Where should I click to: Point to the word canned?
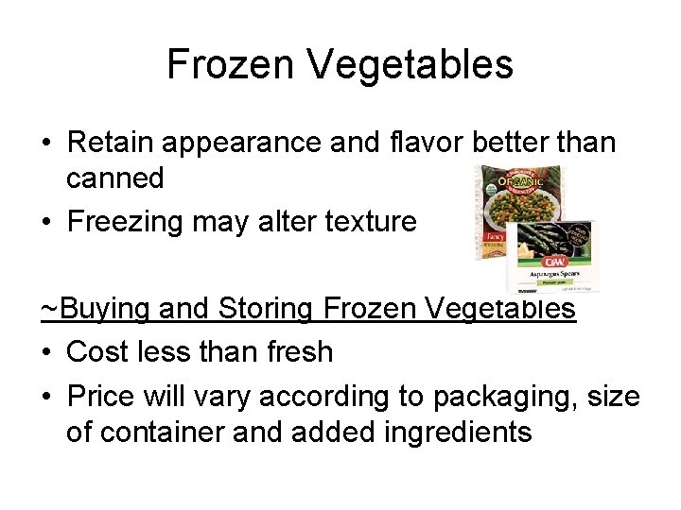tap(114, 178)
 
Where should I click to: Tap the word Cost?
tap(97, 351)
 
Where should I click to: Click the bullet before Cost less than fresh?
tap(46, 351)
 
